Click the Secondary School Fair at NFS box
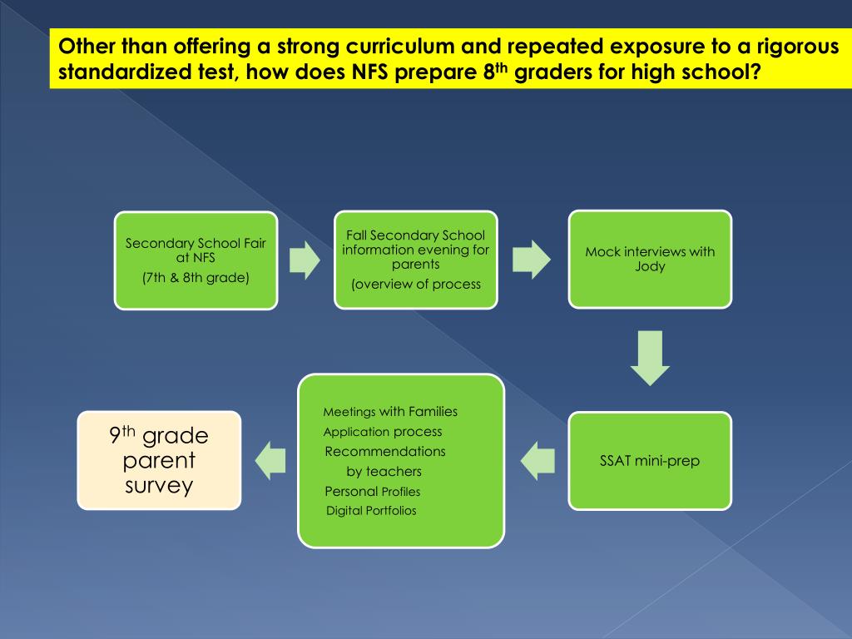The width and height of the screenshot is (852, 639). pyautogui.click(x=196, y=260)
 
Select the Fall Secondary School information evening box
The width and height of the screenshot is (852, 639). pyautogui.click(x=415, y=260)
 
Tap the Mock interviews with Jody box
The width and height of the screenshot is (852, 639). pyautogui.click(x=650, y=259)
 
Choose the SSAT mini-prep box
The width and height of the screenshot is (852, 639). pyautogui.click(x=650, y=460)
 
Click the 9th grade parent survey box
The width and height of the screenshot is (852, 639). pyautogui.click(x=159, y=460)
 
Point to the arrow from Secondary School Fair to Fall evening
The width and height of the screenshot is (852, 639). pyautogui.click(x=304, y=260)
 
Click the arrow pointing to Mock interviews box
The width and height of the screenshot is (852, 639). pyautogui.click(x=532, y=260)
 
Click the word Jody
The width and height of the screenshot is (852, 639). pyautogui.click(x=650, y=267)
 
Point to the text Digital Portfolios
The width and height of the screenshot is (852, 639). pyautogui.click(x=371, y=511)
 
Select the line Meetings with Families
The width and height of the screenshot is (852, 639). pyautogui.click(x=390, y=412)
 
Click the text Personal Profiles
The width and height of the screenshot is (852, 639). pyautogui.click(x=373, y=492)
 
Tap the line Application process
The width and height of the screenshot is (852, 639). pyautogui.click(x=383, y=432)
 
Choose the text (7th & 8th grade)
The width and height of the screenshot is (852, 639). pyautogui.click(x=196, y=277)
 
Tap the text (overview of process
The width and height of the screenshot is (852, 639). pyautogui.click(x=416, y=284)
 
